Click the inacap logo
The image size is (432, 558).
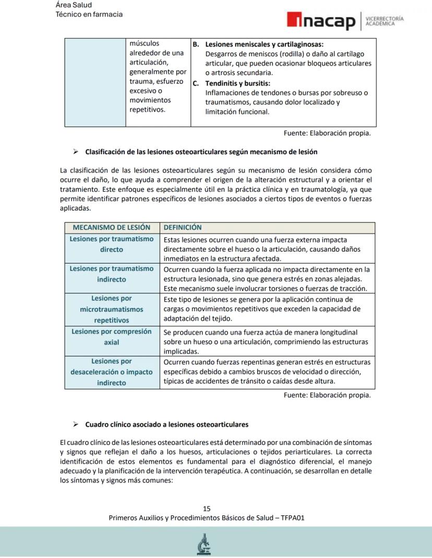(321, 22)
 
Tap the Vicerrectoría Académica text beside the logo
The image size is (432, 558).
(385, 21)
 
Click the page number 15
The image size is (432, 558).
(207, 509)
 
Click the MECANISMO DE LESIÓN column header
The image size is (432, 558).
(112, 228)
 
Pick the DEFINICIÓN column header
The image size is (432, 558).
(183, 228)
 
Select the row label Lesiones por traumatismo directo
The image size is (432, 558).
(112, 244)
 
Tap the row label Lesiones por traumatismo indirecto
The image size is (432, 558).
(112, 274)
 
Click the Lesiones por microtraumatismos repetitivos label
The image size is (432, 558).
(112, 309)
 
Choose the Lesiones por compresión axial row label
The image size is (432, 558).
(112, 337)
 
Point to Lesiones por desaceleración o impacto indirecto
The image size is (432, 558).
(112, 372)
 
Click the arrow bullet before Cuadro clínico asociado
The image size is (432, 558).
(76, 425)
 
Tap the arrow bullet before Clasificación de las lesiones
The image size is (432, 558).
(76, 152)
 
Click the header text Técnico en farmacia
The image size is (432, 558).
(89, 14)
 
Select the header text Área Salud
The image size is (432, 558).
(74, 5)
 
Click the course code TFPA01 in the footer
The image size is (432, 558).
(293, 518)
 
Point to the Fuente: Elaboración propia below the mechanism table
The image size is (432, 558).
(327, 395)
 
